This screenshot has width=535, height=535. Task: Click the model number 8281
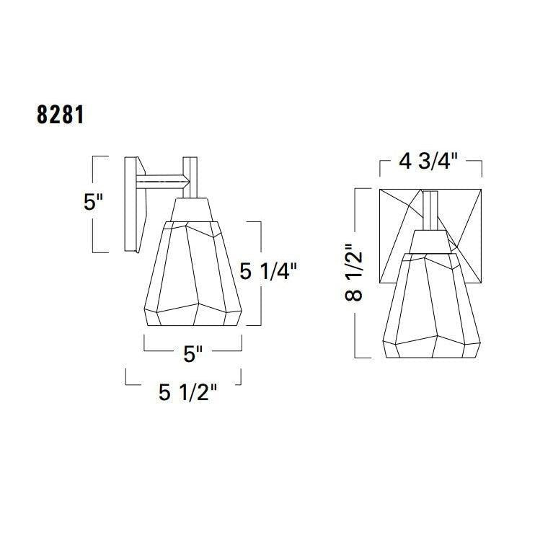pos(61,115)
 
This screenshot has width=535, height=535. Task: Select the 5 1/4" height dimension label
pos(268,272)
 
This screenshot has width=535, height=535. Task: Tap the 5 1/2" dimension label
pos(187,392)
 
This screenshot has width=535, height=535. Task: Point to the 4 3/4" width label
pos(428,161)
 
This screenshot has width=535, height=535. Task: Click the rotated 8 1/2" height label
pos(353,273)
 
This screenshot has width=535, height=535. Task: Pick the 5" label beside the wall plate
pos(93,202)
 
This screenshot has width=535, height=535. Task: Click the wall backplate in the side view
pos(135,204)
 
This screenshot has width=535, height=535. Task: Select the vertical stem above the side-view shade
pos(190,177)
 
